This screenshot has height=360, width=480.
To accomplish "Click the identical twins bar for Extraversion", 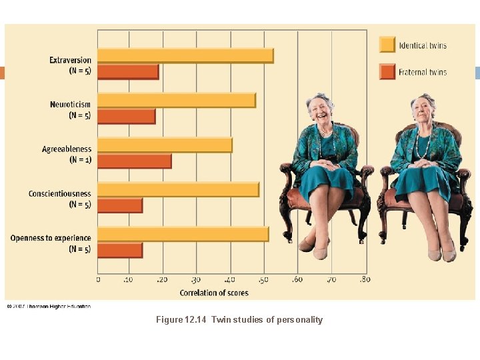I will pyautogui.click(x=185, y=56).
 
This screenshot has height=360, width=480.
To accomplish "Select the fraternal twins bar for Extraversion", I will pyautogui.click(x=128, y=71).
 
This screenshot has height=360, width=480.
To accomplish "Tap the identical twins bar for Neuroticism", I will pyautogui.click(x=177, y=100).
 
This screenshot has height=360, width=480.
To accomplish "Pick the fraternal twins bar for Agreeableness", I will pyautogui.click(x=135, y=161).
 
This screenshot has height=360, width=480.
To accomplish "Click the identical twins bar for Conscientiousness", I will pyautogui.click(x=178, y=190).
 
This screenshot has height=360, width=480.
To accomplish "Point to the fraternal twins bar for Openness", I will pyautogui.click(x=120, y=250).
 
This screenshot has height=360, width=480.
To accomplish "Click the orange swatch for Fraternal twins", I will pyautogui.click(x=387, y=71).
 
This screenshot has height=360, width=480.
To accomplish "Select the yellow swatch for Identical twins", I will pyautogui.click(x=387, y=45).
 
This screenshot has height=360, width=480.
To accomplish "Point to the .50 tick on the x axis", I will pyautogui.click(x=264, y=280).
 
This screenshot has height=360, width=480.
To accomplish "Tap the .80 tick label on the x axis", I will pyautogui.click(x=364, y=280).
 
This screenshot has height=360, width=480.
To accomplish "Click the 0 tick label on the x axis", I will pyautogui.click(x=99, y=280).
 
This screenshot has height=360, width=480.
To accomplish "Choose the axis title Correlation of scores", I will pyautogui.click(x=213, y=293).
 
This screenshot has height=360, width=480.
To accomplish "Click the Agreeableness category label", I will pyautogui.click(x=67, y=149).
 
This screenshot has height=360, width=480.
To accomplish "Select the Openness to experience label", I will pyautogui.click(x=51, y=238).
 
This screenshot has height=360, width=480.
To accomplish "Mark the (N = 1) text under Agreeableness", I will pyautogui.click(x=80, y=160).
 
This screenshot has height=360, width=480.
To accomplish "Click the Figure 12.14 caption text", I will pyautogui.click(x=239, y=320).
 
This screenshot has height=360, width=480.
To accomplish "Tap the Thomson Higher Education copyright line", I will pyautogui.click(x=49, y=306).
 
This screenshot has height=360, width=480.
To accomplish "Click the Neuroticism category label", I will pyautogui.click(x=70, y=105).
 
